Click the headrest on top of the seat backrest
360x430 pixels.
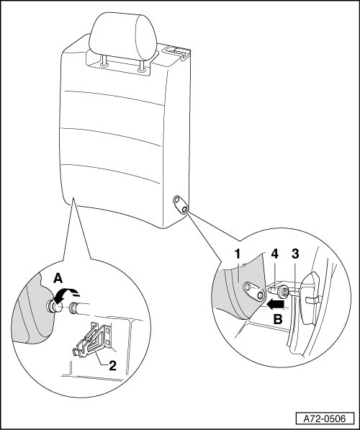tap(122, 36)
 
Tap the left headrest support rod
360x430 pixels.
tap(104, 61)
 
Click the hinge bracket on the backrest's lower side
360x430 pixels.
tap(180, 205)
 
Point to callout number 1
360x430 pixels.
tap(237, 254)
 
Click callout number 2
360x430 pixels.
tap(112, 366)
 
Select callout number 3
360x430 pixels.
tap(294, 254)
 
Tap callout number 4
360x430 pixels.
tap(274, 254)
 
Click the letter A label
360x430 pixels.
tap(58, 279)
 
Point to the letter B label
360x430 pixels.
tap(278, 320)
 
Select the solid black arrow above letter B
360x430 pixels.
tap(276, 305)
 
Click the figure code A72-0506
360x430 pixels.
tap(325, 418)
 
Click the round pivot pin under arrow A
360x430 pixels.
tap(54, 306)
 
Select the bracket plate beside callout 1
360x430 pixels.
tap(254, 292)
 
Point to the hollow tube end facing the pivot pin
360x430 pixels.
tap(73, 308)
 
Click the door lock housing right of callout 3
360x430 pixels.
tap(310, 298)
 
